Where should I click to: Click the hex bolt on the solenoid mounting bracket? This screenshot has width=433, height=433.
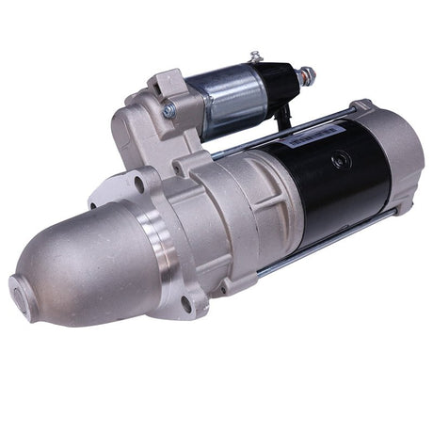(168, 110)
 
